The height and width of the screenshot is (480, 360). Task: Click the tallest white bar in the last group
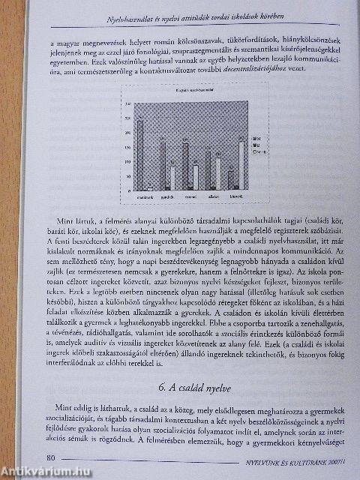[x=241, y=164]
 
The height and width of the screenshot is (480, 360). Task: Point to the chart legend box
[x=256, y=143]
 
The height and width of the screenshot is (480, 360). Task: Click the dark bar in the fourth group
[x=208, y=169]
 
